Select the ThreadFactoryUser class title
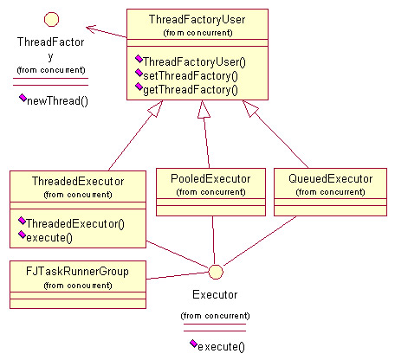pos(197,20)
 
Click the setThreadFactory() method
pos(191,76)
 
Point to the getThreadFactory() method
pos(191,90)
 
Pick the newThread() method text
pos(57,101)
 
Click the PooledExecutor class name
pos(210,178)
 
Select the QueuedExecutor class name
pos(330,178)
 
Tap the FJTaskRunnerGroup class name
pos(77,272)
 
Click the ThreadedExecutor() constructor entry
pos(75,223)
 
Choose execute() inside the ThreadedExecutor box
pos(49,238)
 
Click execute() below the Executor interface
pos(221,346)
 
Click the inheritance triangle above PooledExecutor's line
pos(204,109)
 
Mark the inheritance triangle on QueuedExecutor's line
pos(250,108)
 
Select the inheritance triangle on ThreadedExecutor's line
pos(156,109)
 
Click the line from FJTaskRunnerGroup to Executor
pos(178,275)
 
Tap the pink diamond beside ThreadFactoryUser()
pos(139,59)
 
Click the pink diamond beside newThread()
pos(23,98)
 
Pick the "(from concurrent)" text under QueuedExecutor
pos(330,192)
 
